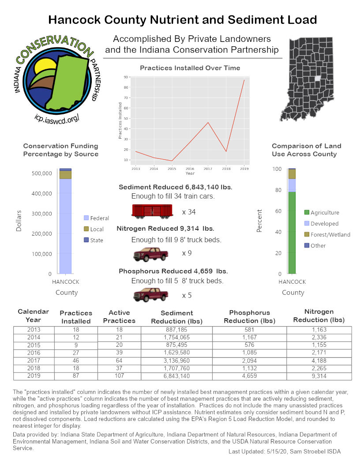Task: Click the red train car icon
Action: click(x=152, y=211)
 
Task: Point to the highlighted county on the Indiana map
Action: click(x=317, y=78)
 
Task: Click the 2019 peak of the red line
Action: click(x=244, y=80)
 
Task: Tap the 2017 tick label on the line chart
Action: click(x=208, y=169)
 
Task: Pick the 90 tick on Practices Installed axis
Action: click(x=126, y=77)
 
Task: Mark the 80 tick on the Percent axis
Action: click(x=277, y=190)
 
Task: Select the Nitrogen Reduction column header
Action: click(x=319, y=316)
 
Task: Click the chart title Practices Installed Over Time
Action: click(x=190, y=68)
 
